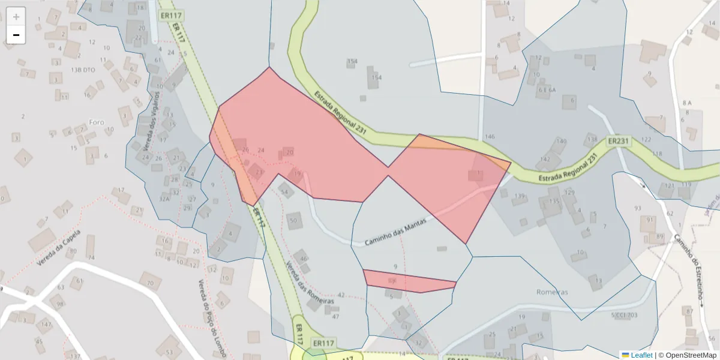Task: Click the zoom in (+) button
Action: click(16, 17)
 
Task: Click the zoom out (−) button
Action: click(16, 35)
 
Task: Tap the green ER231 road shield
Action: click(619, 142)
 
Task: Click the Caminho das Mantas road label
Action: click(395, 232)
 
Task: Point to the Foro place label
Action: click(97, 122)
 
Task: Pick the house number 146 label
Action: click(490, 137)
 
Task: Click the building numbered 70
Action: click(150, 282)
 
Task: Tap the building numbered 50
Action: click(293, 220)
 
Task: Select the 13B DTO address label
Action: click(84, 70)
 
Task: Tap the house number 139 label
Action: click(520, 196)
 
